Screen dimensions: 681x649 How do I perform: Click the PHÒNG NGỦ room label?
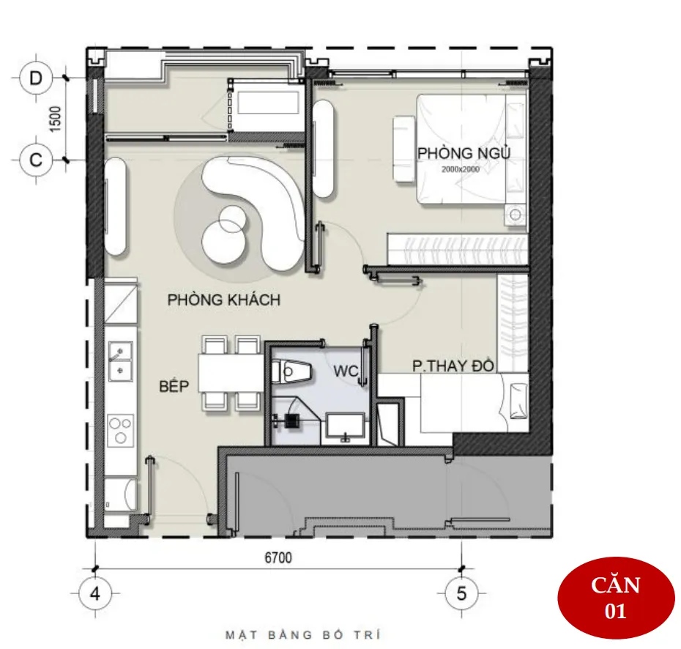(464, 153)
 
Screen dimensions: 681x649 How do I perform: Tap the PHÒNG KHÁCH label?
(223, 300)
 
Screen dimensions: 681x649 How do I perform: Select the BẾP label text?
(174, 386)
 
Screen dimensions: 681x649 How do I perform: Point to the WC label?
(346, 371)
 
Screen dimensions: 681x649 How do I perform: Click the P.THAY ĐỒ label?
(453, 366)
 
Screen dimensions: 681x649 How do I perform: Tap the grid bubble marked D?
(36, 78)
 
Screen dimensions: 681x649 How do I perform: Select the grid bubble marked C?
(36, 160)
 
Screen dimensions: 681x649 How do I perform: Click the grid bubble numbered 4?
(95, 593)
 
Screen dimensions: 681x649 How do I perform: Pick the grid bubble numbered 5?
(461, 593)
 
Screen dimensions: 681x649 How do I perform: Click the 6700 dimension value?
(278, 557)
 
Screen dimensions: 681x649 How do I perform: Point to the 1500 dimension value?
(55, 119)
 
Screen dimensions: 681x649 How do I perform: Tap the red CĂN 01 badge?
(616, 598)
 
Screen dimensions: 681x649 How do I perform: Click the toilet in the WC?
(292, 372)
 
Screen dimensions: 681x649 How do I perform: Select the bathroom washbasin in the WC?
(346, 426)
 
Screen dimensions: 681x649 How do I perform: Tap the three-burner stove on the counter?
(120, 430)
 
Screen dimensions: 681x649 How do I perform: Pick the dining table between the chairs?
(231, 374)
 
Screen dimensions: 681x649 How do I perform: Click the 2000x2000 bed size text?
(461, 169)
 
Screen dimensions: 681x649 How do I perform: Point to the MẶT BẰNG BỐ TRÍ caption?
(302, 634)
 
